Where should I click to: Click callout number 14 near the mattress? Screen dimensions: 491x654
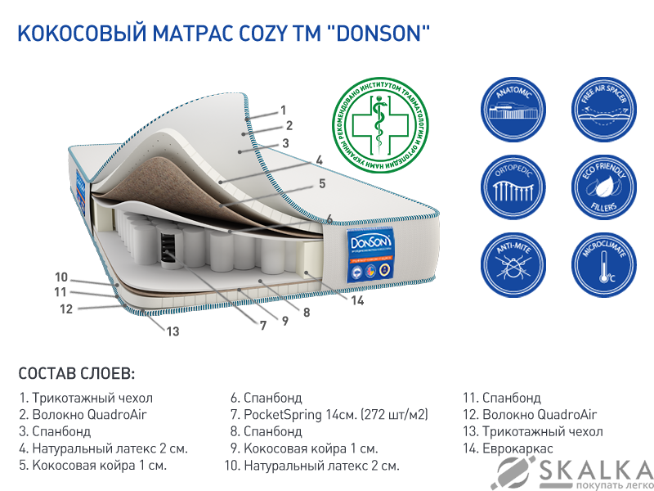tap(357, 300)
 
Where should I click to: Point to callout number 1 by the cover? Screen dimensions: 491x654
tap(283, 109)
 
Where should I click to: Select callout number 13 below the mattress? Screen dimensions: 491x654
tap(172, 331)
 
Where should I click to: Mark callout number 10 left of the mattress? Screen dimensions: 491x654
tap(61, 276)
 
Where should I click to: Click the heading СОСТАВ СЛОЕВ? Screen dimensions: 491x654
tap(76, 374)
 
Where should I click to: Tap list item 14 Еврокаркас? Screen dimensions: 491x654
tap(507, 448)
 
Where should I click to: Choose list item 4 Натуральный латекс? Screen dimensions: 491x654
tap(103, 448)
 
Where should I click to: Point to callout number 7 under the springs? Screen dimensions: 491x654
tap(263, 325)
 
